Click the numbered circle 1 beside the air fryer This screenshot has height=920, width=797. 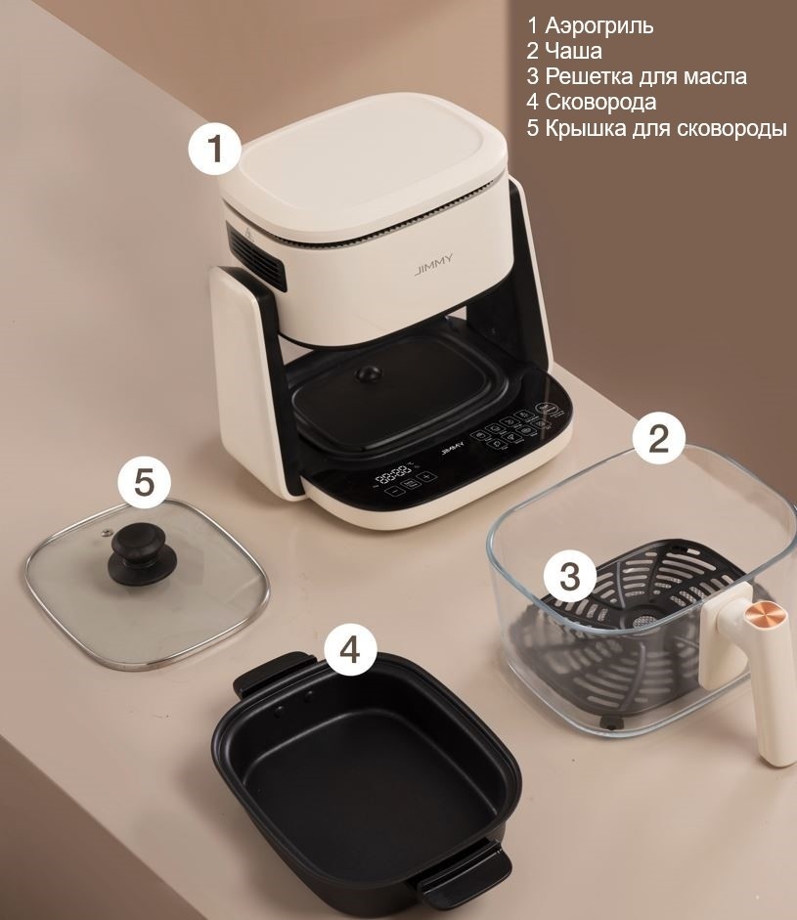[x=215, y=148]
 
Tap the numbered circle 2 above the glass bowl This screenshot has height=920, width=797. [x=658, y=438]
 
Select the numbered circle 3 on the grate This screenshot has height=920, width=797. [x=570, y=578]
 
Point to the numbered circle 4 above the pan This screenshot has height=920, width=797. [x=350, y=649]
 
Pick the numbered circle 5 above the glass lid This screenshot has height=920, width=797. [x=145, y=482]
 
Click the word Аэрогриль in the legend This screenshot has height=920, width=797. [x=598, y=25]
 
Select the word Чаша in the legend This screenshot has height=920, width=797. [x=573, y=51]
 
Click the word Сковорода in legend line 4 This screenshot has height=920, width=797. [x=600, y=102]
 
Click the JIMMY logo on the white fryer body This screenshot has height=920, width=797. [x=433, y=265]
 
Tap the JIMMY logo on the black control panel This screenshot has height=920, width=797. [x=450, y=450]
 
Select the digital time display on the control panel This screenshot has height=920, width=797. [x=393, y=473]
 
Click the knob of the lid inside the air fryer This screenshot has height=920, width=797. [x=368, y=373]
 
